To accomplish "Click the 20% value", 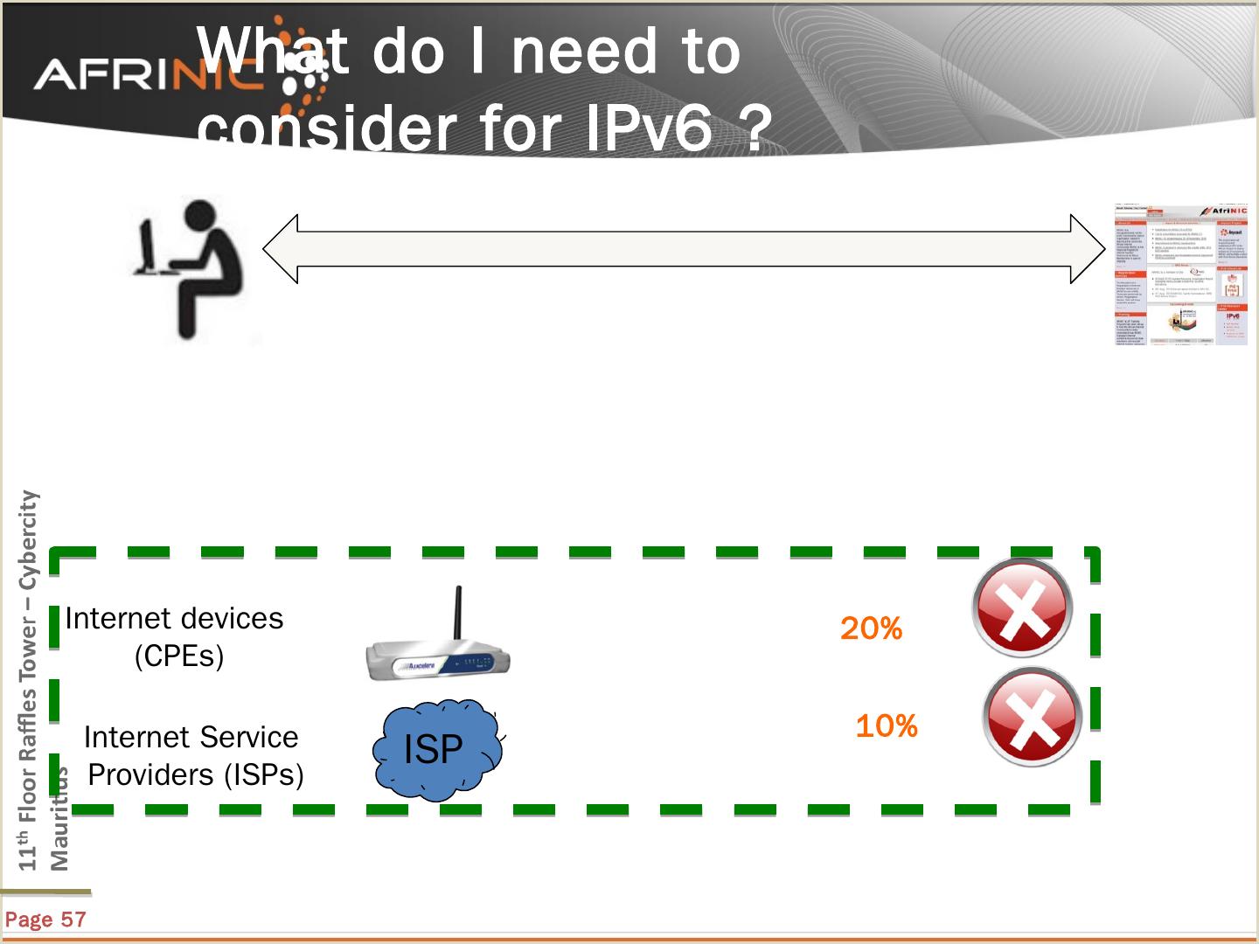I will pos(871,628).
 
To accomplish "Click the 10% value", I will pos(886,726).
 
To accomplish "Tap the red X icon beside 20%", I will pos(1022,607).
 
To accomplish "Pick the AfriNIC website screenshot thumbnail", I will pos(1180,274).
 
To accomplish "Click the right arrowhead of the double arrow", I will pos(1088,249).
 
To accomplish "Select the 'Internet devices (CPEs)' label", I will pos(175,636).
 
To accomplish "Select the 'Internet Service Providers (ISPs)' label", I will pos(193,755).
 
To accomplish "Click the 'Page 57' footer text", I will pos(45,920).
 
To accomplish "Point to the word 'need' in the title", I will pos(584,51).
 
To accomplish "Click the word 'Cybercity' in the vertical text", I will pos(29,539).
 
